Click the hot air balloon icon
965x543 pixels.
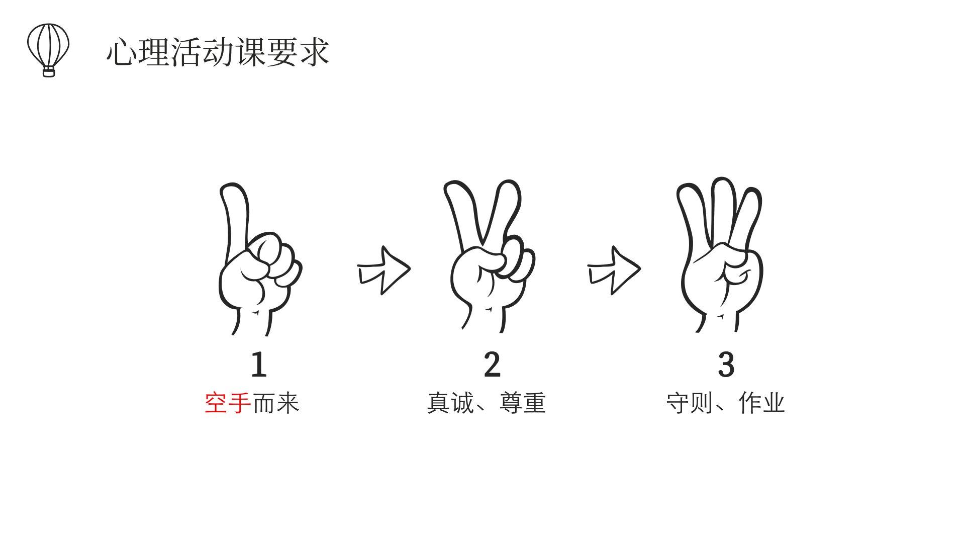click(x=48, y=50)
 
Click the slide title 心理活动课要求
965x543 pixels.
click(x=218, y=52)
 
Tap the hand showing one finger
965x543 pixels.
click(x=260, y=259)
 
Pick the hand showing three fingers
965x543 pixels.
click(x=720, y=254)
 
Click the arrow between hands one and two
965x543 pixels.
click(x=383, y=270)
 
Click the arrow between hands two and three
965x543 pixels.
click(x=614, y=270)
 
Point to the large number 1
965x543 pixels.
click(x=259, y=365)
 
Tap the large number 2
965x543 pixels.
click(x=492, y=365)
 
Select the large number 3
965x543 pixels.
click(x=726, y=365)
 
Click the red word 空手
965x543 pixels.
click(x=228, y=403)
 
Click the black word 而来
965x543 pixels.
click(x=275, y=403)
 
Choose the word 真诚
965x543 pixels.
click(x=450, y=403)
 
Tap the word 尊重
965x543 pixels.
click(x=523, y=403)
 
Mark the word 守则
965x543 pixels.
click(x=690, y=403)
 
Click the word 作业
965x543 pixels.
click(x=762, y=403)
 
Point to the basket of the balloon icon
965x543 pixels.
click(x=49, y=72)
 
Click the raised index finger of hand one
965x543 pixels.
click(x=235, y=216)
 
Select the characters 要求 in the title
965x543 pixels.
click(x=299, y=52)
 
